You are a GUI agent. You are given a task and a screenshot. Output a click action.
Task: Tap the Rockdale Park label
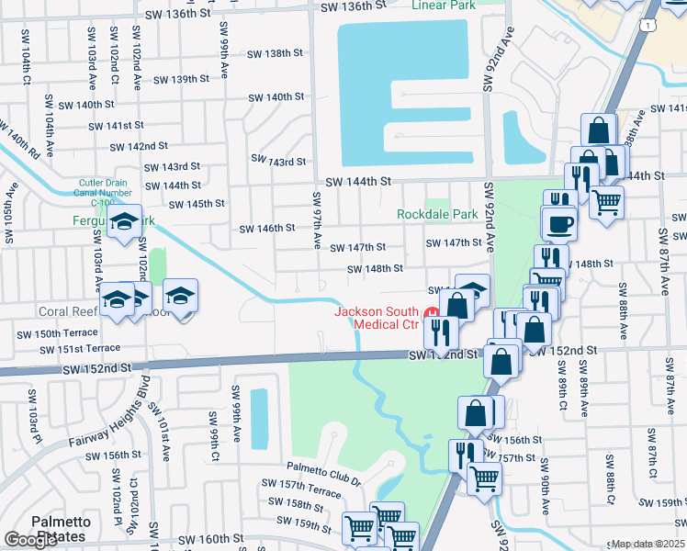[x=437, y=214]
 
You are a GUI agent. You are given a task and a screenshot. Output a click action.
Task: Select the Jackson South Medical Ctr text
[x=376, y=318]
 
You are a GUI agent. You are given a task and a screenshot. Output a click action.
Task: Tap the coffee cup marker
[x=559, y=223]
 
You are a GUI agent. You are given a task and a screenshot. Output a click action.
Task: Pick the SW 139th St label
[x=181, y=79]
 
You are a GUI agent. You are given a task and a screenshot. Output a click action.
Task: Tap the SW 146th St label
[x=266, y=228]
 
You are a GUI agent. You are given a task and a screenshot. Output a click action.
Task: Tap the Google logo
[x=30, y=540]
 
